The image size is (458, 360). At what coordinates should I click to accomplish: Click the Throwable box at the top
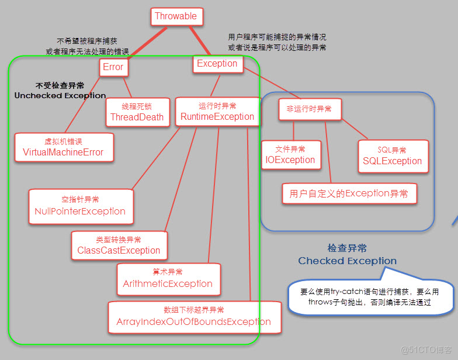coord(176,16)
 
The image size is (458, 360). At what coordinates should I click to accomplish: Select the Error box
coord(113,67)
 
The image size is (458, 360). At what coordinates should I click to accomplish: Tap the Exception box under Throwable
coord(217,64)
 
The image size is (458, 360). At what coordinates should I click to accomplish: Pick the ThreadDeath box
coord(137,112)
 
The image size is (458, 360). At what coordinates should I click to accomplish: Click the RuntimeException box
coord(217,112)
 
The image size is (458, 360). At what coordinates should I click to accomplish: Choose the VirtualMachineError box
coord(63,147)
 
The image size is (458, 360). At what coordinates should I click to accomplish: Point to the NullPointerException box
coord(80,206)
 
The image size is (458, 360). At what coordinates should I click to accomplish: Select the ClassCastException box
coord(119,245)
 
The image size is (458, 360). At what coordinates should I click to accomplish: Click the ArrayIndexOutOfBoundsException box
coord(193,317)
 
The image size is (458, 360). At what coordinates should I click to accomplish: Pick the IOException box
coord(290,155)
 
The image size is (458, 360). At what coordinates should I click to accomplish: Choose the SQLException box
coord(392,156)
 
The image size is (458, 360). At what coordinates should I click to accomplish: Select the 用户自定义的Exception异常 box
coord(349,193)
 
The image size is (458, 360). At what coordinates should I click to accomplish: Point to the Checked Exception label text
coord(347,261)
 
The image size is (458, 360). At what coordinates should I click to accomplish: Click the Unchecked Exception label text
coord(60,95)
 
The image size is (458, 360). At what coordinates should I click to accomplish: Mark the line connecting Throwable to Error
coord(147,41)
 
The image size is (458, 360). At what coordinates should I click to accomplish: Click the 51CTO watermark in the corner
coord(423,349)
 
